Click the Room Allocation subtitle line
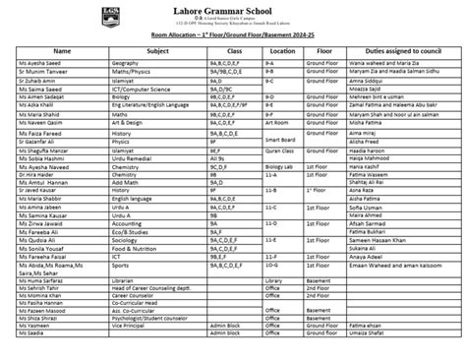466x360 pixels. click(x=233, y=36)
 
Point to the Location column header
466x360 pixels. click(x=282, y=48)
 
